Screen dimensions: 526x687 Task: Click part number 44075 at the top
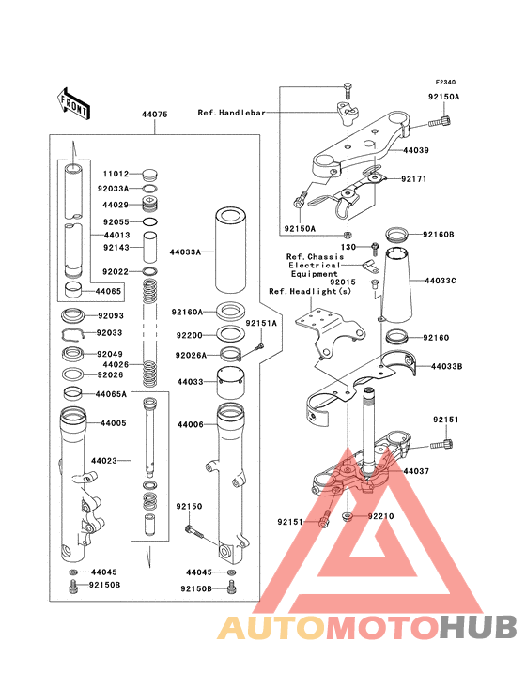(x=154, y=114)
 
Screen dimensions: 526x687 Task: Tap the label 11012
(x=116, y=174)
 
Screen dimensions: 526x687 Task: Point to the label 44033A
(x=185, y=252)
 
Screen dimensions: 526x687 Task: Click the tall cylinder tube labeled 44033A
(x=230, y=251)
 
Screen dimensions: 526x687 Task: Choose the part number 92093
(x=111, y=315)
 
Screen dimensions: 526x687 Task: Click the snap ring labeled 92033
(x=72, y=334)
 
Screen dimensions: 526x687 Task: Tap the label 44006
(x=191, y=424)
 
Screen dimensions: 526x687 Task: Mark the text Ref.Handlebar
(x=231, y=113)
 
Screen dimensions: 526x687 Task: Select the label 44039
(x=416, y=150)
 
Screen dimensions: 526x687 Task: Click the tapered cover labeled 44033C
(x=398, y=284)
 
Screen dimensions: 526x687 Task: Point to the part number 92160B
(x=439, y=235)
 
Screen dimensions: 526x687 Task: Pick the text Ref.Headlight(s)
(x=310, y=291)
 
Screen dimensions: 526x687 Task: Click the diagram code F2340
(x=445, y=82)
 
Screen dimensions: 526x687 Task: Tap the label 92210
(x=381, y=516)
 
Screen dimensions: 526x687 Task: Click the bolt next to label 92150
(x=193, y=531)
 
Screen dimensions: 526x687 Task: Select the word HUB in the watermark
(x=479, y=627)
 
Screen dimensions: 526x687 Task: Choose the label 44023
(x=104, y=461)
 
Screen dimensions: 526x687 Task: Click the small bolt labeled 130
(x=375, y=249)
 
